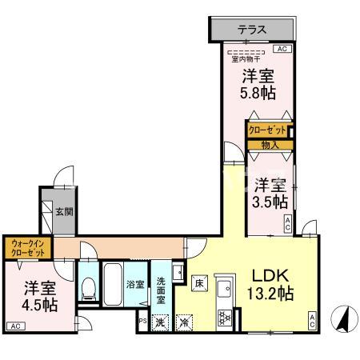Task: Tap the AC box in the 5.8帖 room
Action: click(281, 49)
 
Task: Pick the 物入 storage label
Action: click(269, 145)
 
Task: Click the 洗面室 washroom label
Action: click(161, 285)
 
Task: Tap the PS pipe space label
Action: click(142, 322)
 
